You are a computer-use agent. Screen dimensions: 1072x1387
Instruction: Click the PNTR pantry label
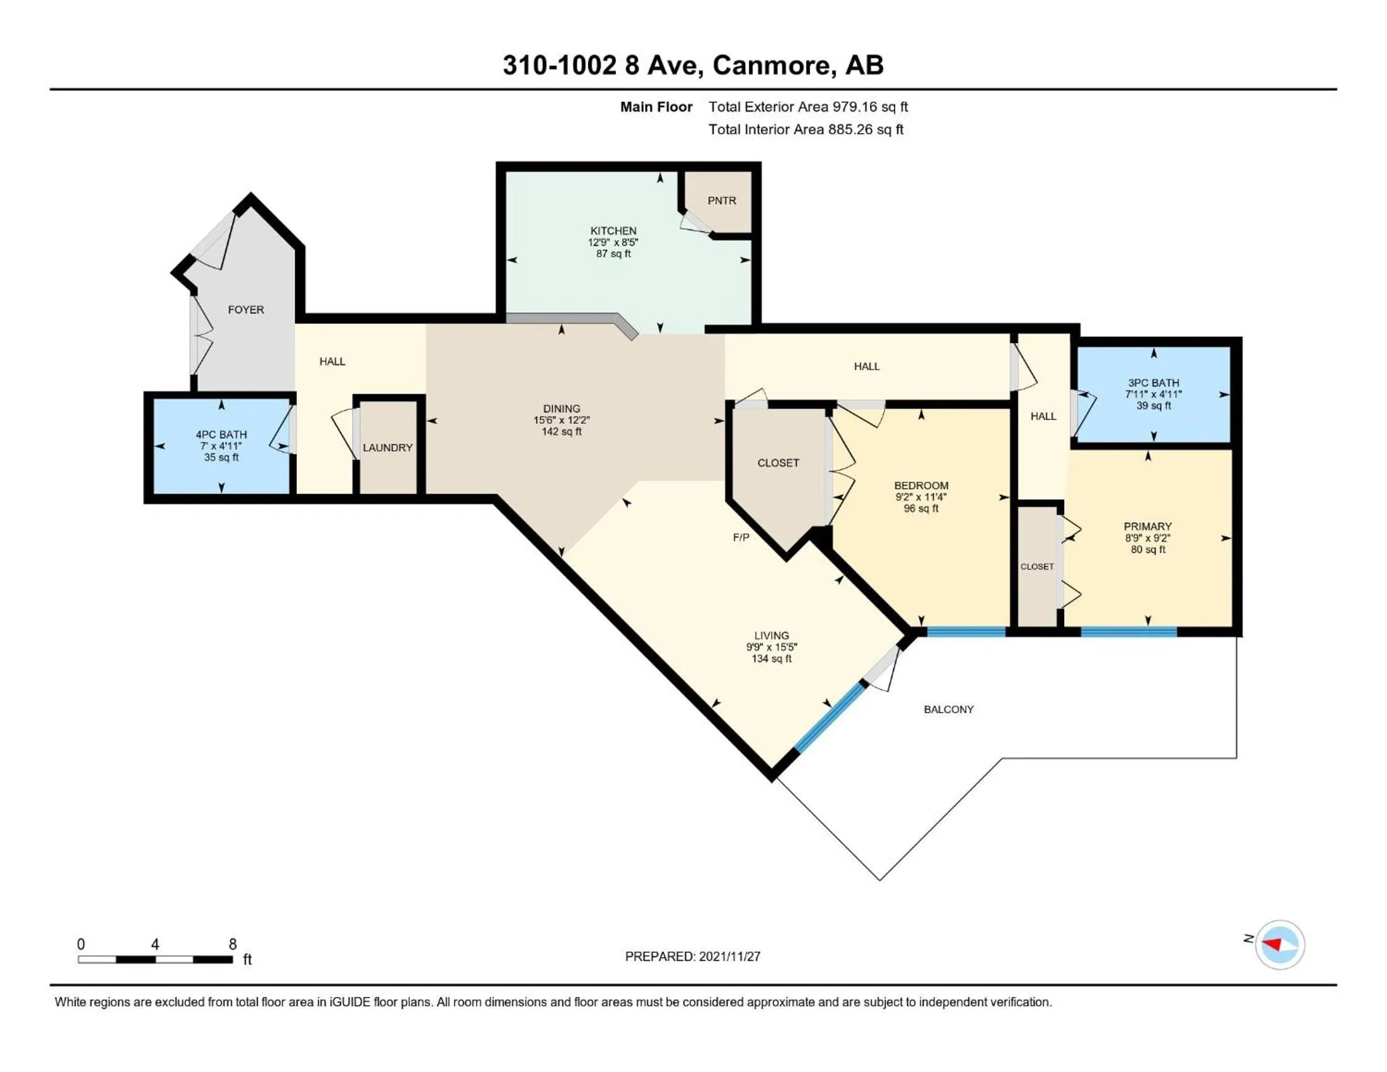(x=721, y=201)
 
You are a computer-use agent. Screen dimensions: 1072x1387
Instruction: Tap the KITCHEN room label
(x=613, y=231)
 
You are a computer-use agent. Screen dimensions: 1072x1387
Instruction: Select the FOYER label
(x=246, y=310)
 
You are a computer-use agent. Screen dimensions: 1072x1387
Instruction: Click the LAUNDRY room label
(x=387, y=448)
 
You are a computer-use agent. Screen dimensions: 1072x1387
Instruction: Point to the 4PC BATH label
(x=221, y=434)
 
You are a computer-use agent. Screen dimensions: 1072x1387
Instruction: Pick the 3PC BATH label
(x=1153, y=383)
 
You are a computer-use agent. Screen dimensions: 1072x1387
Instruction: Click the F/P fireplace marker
(x=741, y=538)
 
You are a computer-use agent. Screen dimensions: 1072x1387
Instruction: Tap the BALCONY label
(x=948, y=709)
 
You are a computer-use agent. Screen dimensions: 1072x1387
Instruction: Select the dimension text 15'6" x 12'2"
(x=561, y=421)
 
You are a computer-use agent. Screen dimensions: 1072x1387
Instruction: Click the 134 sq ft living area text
(x=772, y=658)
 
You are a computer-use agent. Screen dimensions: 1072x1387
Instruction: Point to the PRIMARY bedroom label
(x=1147, y=527)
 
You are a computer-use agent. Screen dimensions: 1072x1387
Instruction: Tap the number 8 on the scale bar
(x=233, y=945)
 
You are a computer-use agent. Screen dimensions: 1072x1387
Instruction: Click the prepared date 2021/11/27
(x=729, y=957)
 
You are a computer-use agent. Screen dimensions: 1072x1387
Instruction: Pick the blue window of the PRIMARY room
(x=1129, y=631)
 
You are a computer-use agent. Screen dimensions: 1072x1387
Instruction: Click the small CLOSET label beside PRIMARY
(x=1036, y=566)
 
